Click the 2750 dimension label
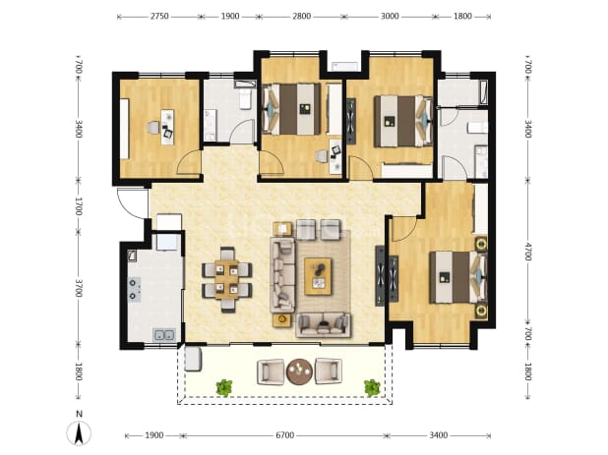coord(159,17)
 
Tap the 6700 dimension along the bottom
coord(284,435)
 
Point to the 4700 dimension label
coord(527,252)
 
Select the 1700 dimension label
coord(79,206)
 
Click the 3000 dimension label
coord(390,17)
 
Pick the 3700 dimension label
coord(79,288)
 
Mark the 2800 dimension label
coord(302,17)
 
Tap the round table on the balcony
coord(299,371)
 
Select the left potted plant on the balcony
coord(224,387)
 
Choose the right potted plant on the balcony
coord(372,387)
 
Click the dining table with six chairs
coord(227,279)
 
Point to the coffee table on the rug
coord(318,276)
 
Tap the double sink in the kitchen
coord(164,334)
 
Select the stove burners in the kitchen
coord(134,289)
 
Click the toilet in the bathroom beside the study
coord(246,98)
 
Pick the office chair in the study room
coord(153,128)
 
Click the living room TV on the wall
coord(380,276)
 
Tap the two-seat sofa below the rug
coord(323,325)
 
